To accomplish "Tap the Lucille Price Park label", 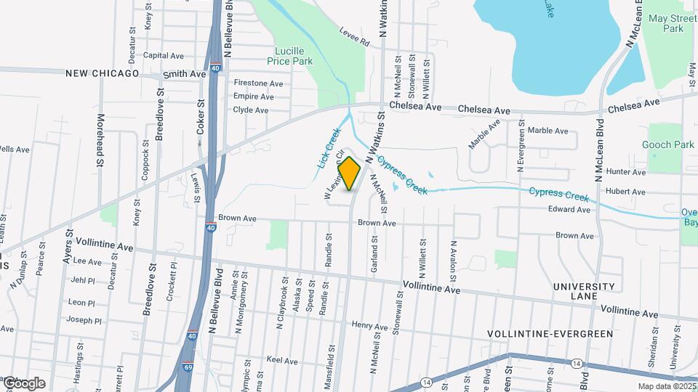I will [x=294, y=56].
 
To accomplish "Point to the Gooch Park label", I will [x=668, y=144].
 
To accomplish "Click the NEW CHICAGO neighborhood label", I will [x=102, y=73].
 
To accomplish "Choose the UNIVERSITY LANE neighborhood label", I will [x=585, y=291].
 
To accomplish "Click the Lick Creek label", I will [x=329, y=148].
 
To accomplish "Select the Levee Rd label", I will [x=354, y=37].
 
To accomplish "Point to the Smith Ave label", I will [x=185, y=74].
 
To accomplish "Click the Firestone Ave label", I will [x=257, y=83].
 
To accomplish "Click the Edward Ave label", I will [x=569, y=210].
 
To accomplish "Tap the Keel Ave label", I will [x=282, y=361].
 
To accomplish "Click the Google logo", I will [x=24, y=383].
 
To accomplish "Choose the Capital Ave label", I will [x=164, y=55].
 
